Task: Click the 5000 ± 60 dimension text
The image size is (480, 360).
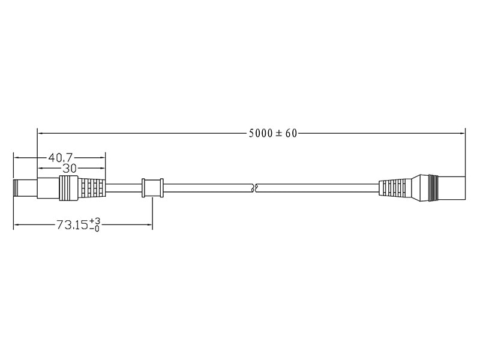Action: (273, 133)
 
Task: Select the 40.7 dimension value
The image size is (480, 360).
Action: (61, 158)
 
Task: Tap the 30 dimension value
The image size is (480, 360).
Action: (70, 169)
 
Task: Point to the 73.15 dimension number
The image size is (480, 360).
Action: (72, 225)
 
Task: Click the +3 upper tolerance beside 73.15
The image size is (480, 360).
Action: (95, 221)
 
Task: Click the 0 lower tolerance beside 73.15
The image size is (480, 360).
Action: (95, 229)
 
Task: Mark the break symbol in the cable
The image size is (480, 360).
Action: (256, 188)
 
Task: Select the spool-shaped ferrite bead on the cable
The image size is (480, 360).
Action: (152, 188)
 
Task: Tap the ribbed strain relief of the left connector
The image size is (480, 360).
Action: (92, 188)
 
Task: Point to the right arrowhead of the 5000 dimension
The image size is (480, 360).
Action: (462, 133)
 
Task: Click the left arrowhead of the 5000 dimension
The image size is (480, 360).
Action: (41, 133)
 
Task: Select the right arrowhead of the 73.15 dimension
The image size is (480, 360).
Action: (149, 225)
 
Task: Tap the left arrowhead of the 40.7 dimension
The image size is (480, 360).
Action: (17, 158)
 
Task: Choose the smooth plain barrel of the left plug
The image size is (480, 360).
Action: (49, 188)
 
